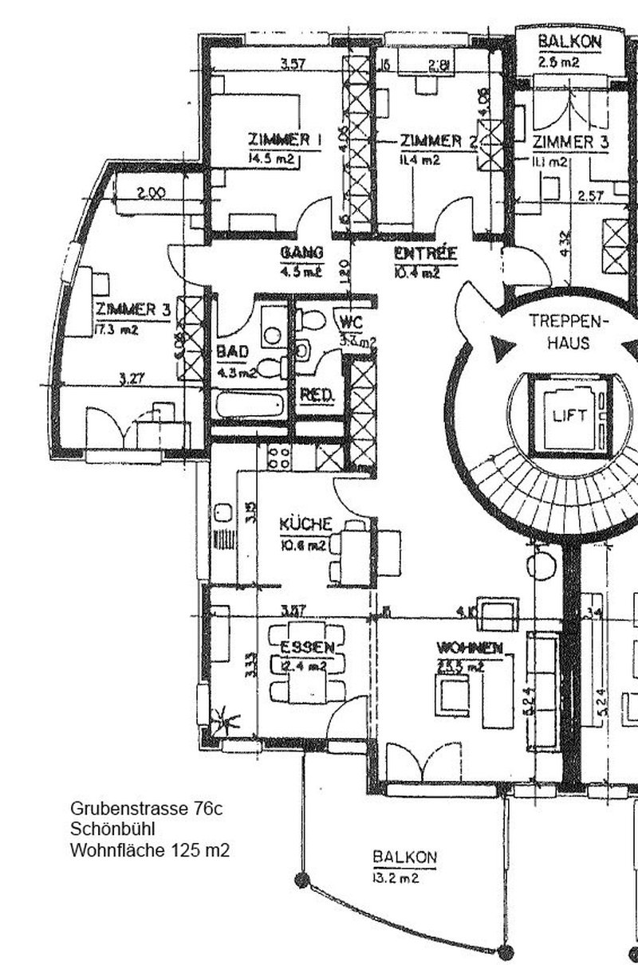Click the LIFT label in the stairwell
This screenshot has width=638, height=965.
point(568,415)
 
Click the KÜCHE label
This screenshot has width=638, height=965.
point(305,524)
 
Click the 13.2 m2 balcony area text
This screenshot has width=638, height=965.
point(396,879)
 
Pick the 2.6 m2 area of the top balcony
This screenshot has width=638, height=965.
point(558,61)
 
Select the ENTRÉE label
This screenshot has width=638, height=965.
point(426,254)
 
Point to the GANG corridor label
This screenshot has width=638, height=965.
point(301,253)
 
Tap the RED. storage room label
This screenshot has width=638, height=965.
point(317,395)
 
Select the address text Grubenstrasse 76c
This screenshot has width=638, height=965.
point(146,809)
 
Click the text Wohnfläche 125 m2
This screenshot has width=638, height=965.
point(150,850)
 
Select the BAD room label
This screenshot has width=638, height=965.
point(232,352)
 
